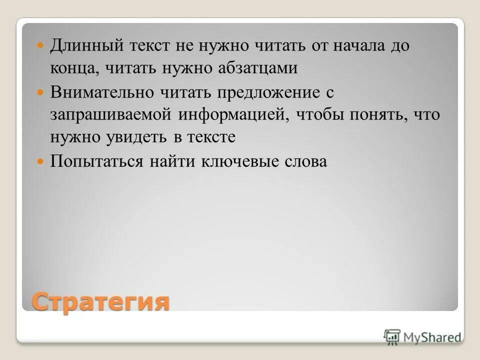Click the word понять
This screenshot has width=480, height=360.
[x=369, y=114]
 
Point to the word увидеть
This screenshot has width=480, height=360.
[x=127, y=137]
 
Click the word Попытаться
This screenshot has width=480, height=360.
[x=95, y=161]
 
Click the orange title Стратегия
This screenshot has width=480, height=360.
[x=100, y=302]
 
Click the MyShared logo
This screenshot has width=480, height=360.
[x=423, y=337]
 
